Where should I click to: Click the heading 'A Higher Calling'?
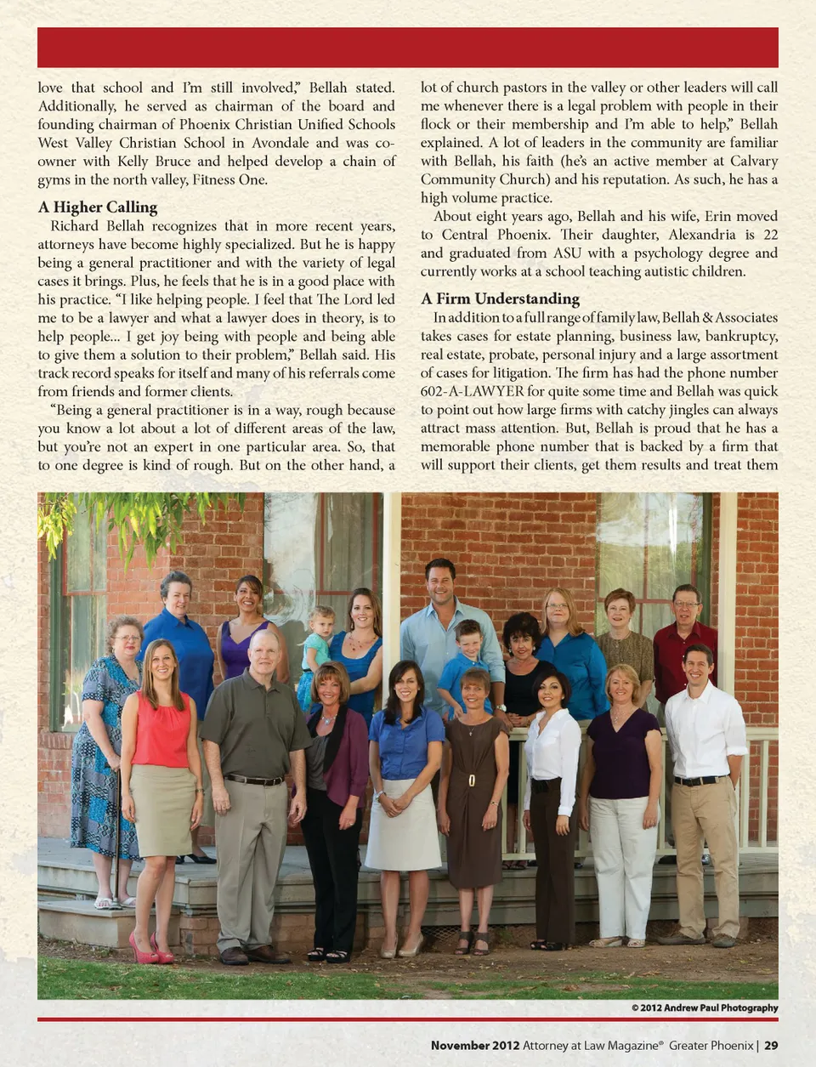coord(98,207)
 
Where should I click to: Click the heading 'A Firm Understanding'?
coord(500,298)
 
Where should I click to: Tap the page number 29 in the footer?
coord(770,1045)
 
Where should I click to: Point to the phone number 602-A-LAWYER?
coord(472,391)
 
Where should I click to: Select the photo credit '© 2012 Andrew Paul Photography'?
coord(704,1007)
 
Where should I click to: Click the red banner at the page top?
coord(408,48)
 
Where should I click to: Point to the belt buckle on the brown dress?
coord(469,779)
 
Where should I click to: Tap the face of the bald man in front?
coord(263,653)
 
